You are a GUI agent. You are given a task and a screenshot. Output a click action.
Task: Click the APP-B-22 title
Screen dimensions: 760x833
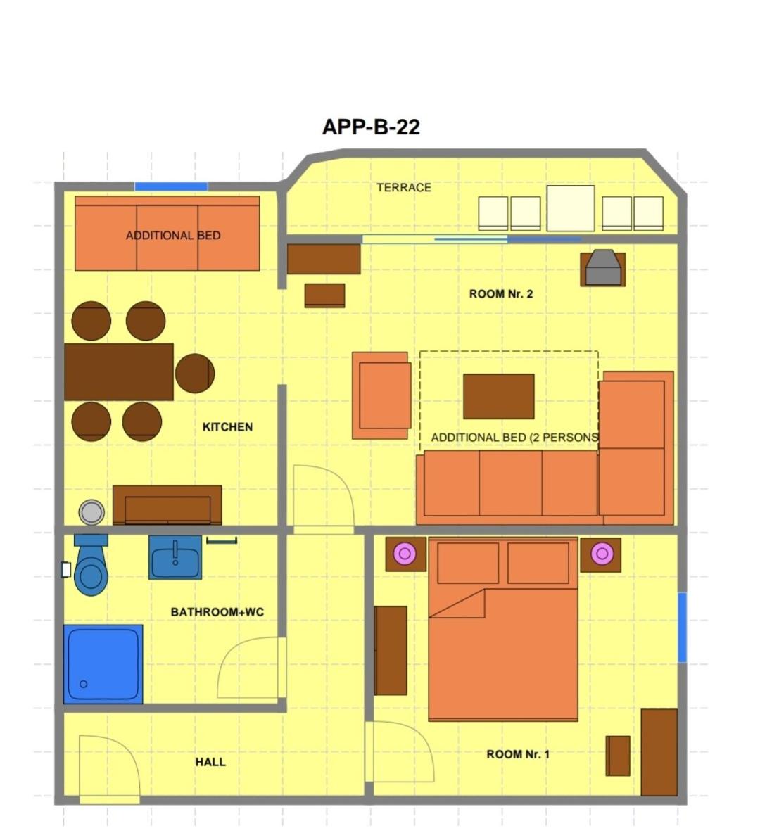coord(371,127)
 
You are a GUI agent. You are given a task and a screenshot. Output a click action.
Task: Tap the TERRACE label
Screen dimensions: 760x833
coord(404,188)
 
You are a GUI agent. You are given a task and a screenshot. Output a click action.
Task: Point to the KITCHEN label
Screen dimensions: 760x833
coord(227,426)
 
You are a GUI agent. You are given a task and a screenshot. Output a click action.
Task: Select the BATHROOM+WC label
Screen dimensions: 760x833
coord(217,612)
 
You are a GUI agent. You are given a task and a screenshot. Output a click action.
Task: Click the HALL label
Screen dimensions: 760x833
coord(210,762)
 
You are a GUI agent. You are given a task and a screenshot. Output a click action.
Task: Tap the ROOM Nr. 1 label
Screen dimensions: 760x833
coord(518,754)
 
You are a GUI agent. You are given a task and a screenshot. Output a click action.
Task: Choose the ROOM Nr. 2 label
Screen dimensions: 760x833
coord(500,294)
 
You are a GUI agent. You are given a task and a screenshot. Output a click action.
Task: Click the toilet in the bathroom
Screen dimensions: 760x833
coord(91,565)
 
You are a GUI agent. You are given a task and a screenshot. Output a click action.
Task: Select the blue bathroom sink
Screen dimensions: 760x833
coord(175,557)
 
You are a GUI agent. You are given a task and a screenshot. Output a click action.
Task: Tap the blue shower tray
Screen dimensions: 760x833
coord(103,664)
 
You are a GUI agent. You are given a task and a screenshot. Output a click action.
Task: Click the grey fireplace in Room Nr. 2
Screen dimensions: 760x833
coord(603,267)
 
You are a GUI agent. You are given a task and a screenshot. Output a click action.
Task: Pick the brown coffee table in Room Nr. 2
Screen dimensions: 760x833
coord(498,396)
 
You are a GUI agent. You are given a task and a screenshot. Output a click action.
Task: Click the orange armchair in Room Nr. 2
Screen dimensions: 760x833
coord(381,395)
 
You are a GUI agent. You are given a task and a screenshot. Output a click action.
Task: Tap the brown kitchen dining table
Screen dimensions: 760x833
coord(118,372)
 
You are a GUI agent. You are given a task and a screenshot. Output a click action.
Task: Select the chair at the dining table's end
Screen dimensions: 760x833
coord(194,373)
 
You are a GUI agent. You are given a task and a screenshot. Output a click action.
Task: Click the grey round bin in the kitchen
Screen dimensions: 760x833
coord(91,513)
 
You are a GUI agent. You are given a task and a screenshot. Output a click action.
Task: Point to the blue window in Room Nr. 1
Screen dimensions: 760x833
coord(682,628)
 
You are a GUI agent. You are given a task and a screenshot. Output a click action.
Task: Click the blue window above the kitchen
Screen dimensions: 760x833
coord(171,186)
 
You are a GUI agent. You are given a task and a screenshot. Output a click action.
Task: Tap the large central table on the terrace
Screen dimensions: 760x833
coord(570,208)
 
